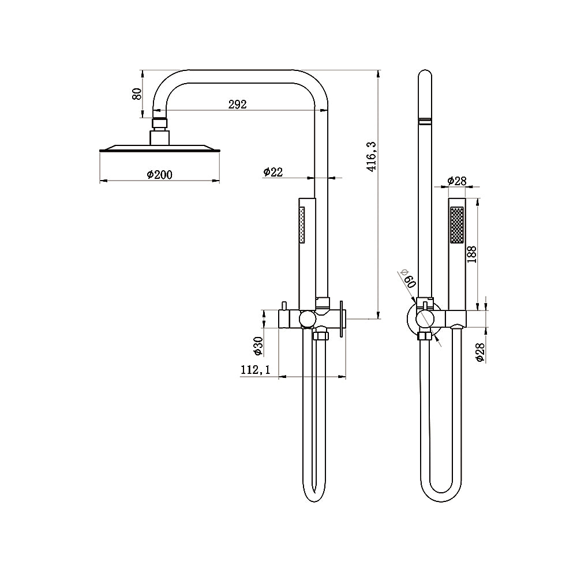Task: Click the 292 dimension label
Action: click(237, 104)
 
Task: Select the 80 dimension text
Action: click(137, 93)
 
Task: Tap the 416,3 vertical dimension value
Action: click(372, 158)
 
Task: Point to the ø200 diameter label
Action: click(160, 174)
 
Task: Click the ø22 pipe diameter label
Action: click(273, 171)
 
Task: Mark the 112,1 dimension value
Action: click(256, 370)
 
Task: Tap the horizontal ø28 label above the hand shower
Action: click(458, 181)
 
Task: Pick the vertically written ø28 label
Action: click(479, 351)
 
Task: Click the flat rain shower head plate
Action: click(160, 149)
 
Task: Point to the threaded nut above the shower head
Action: click(160, 122)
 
